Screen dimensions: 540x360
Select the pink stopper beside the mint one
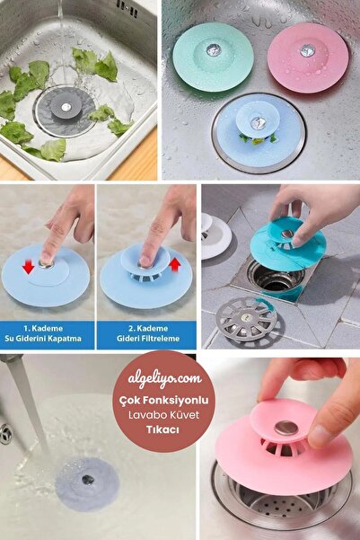click(x=307, y=58)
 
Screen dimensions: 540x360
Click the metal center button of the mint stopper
click(x=214, y=50)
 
